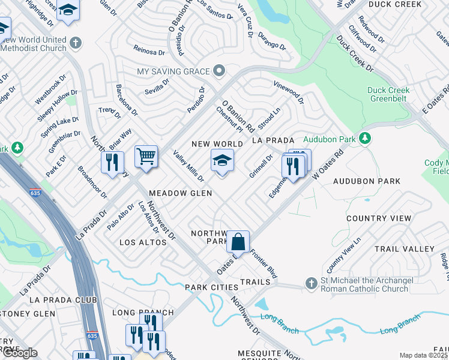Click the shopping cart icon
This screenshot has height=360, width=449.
tap(146, 158)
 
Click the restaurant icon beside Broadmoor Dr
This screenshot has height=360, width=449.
tap(112, 163)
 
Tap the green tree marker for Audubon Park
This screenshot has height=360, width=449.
tap(364, 139)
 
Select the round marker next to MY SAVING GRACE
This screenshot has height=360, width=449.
tap(220, 71)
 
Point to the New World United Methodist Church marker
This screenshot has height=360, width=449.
tap(75, 43)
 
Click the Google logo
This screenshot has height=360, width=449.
tap(20, 353)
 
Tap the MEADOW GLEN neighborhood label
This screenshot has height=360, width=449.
tap(180, 193)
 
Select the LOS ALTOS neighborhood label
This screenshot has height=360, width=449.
tap(143, 242)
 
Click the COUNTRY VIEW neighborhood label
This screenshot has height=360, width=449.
tap(379, 218)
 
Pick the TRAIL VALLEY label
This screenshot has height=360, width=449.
tap(404, 248)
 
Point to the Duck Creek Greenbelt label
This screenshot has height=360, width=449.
tap(388, 94)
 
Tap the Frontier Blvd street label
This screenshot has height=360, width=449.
tap(264, 264)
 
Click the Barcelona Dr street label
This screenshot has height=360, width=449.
tap(127, 100)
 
